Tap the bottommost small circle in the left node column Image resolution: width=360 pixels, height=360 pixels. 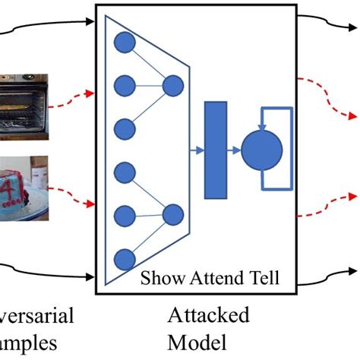(x=124, y=257)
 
